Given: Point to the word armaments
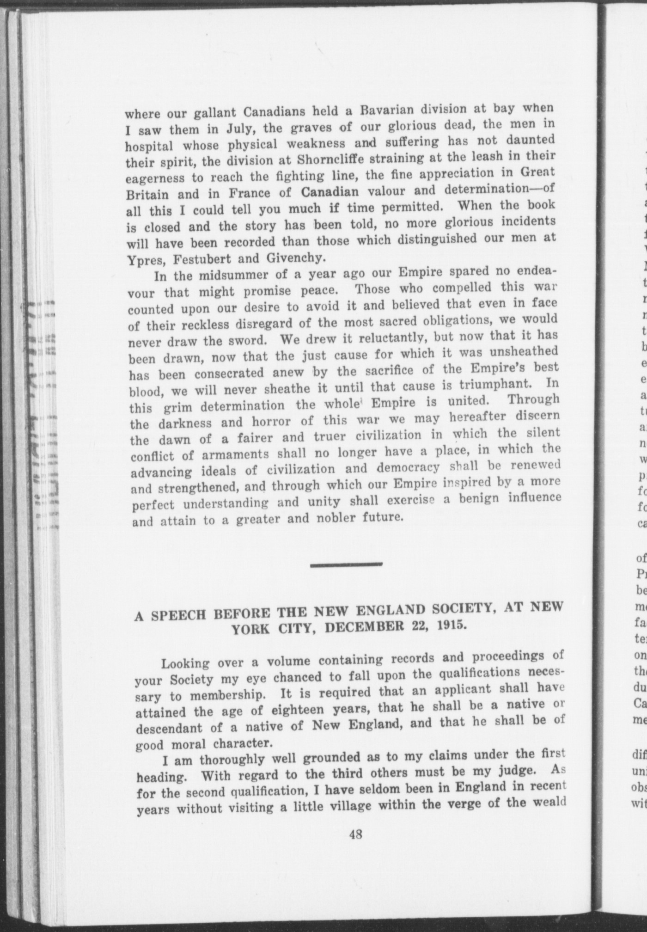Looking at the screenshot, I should (235, 455).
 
